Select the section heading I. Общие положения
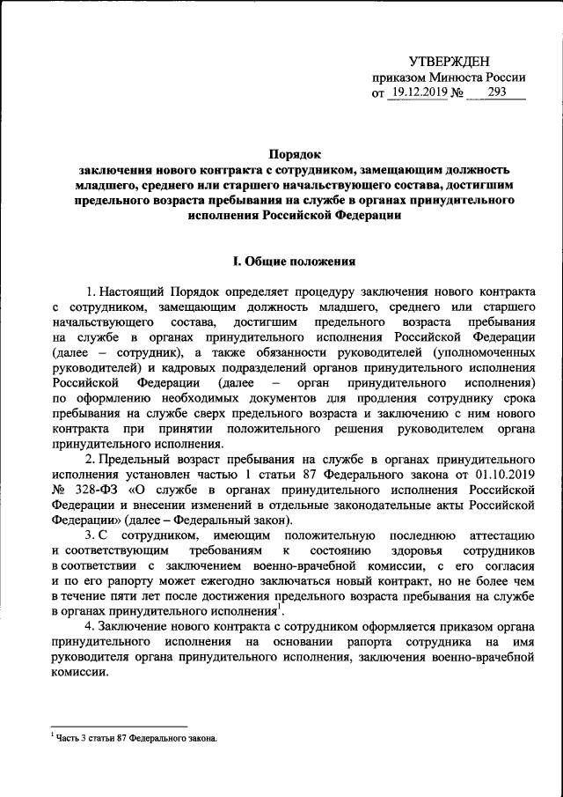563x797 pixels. point(292,262)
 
